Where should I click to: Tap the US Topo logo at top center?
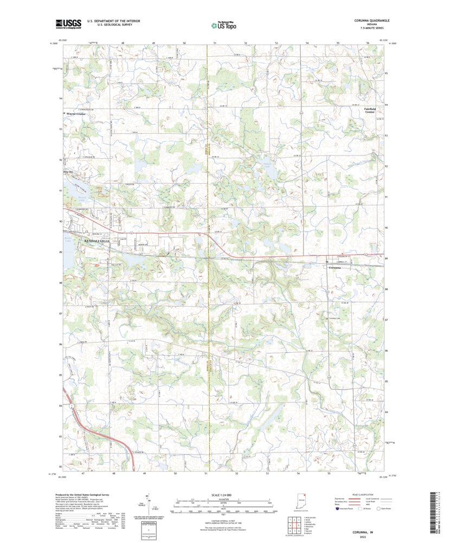(x=224, y=24)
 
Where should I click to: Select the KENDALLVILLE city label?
(x=97, y=240)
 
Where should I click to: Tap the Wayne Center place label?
(x=76, y=114)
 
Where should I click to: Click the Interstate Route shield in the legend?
(x=337, y=509)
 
